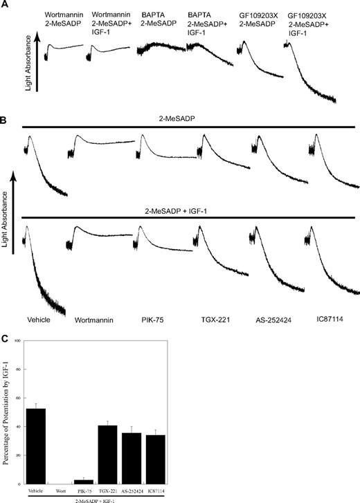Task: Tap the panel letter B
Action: click(5, 120)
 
